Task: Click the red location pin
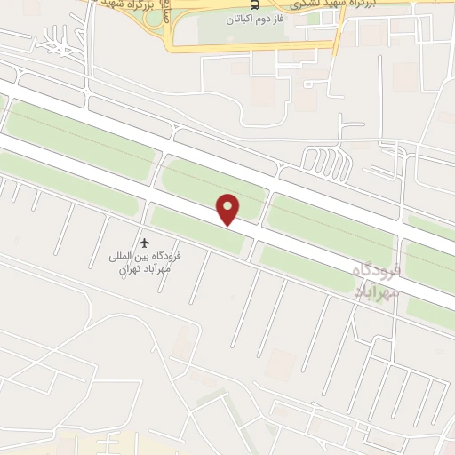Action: (x=229, y=209)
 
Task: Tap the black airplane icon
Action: (x=145, y=243)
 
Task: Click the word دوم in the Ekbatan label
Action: (x=267, y=19)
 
